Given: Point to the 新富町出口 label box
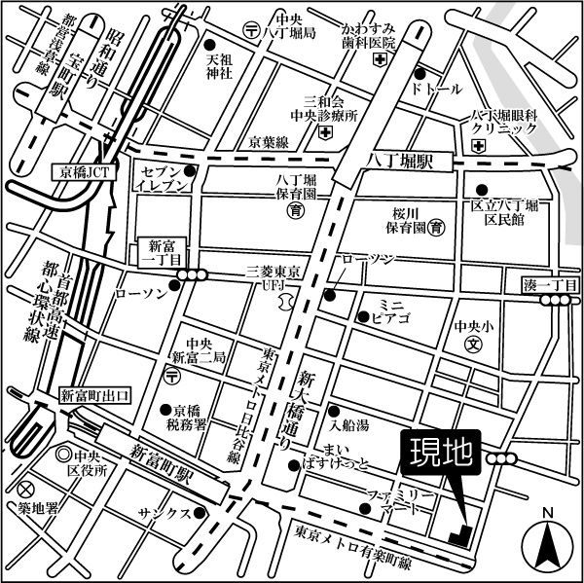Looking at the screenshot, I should point(94,394).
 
